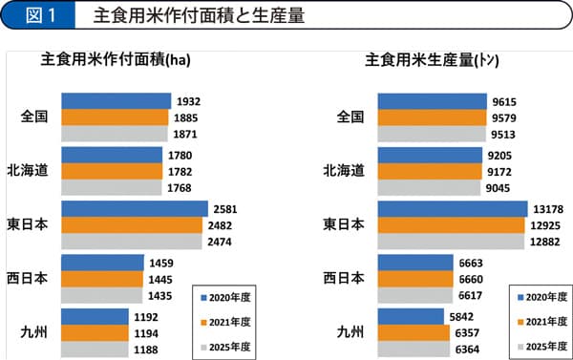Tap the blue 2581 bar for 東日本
(x=134, y=208)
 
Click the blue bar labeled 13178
(x=452, y=208)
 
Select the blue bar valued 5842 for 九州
(x=413, y=317)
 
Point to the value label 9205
(x=499, y=155)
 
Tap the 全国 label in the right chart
(x=350, y=116)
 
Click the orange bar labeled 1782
(x=110, y=171)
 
